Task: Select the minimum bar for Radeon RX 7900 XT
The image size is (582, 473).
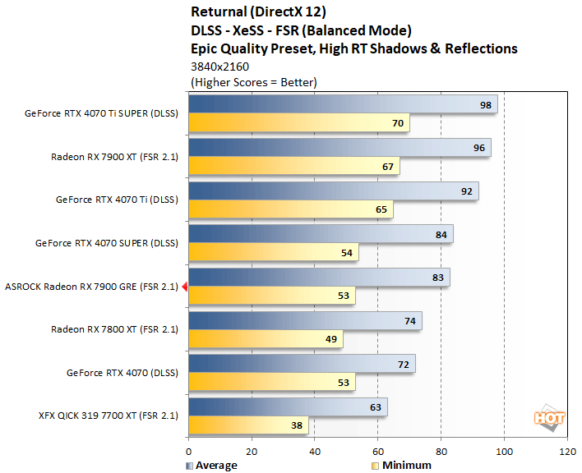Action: pyautogui.click(x=293, y=167)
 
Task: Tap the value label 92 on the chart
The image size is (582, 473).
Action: pyautogui.click(x=465, y=191)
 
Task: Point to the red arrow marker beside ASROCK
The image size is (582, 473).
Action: pyautogui.click(x=185, y=287)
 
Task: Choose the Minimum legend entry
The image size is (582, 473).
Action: pyautogui.click(x=401, y=466)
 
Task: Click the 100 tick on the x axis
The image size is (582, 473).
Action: pyautogui.click(x=504, y=452)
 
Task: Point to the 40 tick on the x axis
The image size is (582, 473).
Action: pyautogui.click(x=315, y=452)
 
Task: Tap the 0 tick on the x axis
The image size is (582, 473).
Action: pyautogui.click(x=189, y=452)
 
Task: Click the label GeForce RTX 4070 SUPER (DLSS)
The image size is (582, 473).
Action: pyautogui.click(x=107, y=243)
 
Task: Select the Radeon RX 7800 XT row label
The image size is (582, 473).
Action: pyautogui.click(x=114, y=329)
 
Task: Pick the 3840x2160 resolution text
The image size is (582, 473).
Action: pyautogui.click(x=219, y=66)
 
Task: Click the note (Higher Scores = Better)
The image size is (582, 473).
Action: pyautogui.click(x=253, y=82)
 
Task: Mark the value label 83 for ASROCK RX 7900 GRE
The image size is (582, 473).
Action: pyautogui.click(x=437, y=278)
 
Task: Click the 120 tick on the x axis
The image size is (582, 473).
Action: pyautogui.click(x=566, y=452)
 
